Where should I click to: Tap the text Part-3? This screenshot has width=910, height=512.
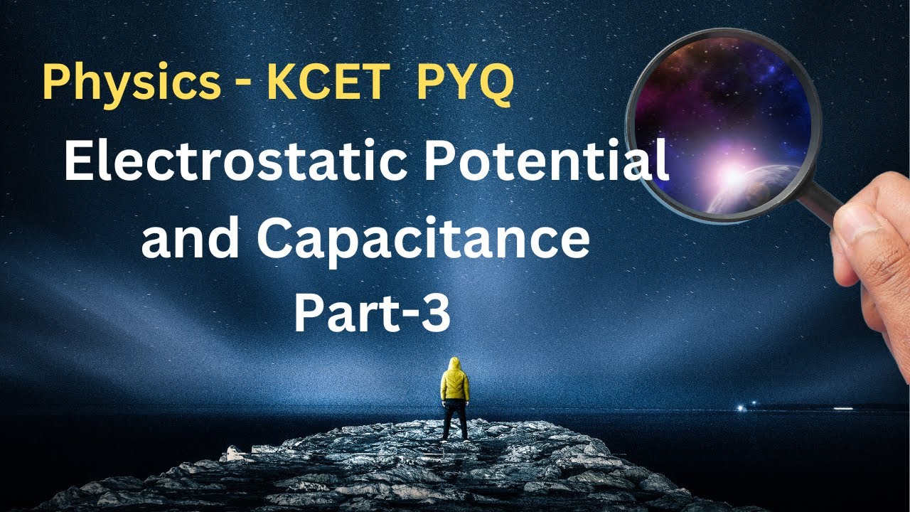click(x=372, y=314)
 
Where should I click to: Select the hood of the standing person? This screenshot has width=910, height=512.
click(x=454, y=364)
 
